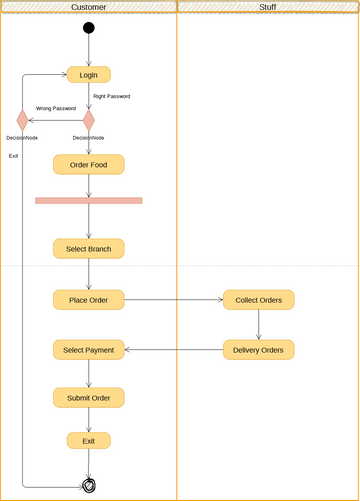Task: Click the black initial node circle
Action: coord(89,28)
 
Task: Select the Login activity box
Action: coord(89,74)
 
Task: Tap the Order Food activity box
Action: coord(89,164)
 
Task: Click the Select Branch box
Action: coord(89,248)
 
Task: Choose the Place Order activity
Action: coord(89,299)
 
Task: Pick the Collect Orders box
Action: coord(258,299)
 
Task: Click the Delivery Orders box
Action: coord(258,350)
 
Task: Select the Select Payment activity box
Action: coord(89,350)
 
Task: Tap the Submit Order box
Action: coord(89,397)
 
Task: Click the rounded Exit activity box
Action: coord(89,440)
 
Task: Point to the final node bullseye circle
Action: coord(89,486)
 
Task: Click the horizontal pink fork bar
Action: coord(89,200)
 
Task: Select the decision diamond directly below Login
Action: coord(89,120)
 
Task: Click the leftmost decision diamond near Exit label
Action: coord(22,120)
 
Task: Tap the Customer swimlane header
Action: coord(89,7)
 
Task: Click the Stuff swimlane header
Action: coord(267,7)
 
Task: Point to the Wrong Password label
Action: coord(56,108)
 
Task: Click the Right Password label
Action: coord(112,96)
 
